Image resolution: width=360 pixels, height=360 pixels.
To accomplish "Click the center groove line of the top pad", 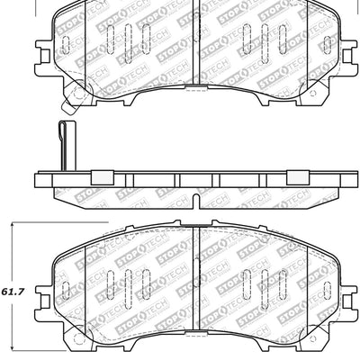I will (x=195, y=45).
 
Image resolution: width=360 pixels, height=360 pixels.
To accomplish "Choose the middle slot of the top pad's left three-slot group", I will (x=127, y=41).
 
